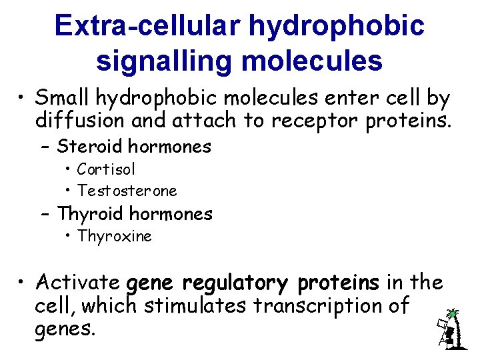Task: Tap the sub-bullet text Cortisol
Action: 106,169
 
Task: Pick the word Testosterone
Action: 127,191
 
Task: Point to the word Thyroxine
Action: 114,236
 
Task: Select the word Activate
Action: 78,283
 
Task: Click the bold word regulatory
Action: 237,283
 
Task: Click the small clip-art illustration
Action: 449,329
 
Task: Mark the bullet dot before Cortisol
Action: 69,170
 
